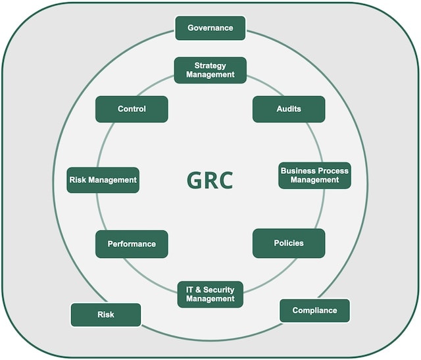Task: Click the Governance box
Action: point(210,28)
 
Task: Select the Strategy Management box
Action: point(210,70)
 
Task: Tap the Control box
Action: point(132,109)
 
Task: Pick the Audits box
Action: point(289,109)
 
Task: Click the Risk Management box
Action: point(103,180)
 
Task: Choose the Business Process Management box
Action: point(314,175)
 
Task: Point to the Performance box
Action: point(132,244)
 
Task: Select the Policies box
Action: point(289,243)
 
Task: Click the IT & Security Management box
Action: point(210,294)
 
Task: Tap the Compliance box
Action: point(314,311)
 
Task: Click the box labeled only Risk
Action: point(105,315)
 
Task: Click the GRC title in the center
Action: point(210,180)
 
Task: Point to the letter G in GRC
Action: point(194,180)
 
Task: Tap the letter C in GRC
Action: point(226,180)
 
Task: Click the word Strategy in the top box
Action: point(210,66)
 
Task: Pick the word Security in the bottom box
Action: point(218,290)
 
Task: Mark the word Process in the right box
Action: point(334,170)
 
